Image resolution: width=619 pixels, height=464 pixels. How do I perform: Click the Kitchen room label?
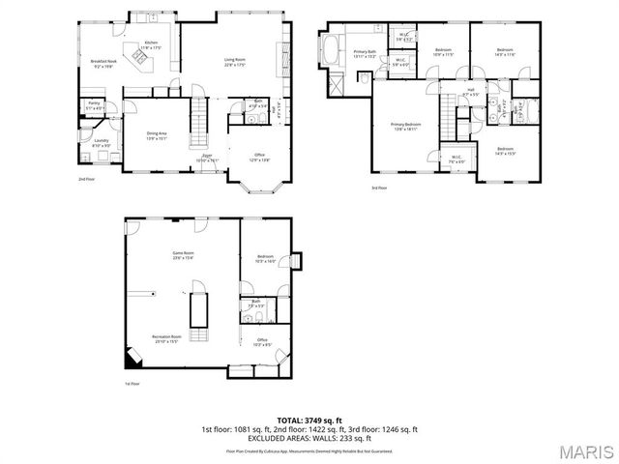[x=151, y=44]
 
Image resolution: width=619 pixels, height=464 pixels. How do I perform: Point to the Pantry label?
[x=94, y=104]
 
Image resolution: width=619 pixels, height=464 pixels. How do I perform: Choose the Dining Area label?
[x=157, y=136]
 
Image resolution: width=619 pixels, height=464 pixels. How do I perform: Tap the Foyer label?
[x=208, y=158]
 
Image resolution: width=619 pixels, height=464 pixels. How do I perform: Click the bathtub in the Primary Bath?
[x=329, y=49]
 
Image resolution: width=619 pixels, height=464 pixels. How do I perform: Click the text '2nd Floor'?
[x=87, y=179]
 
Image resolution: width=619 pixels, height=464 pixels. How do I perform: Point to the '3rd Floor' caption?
[x=380, y=188]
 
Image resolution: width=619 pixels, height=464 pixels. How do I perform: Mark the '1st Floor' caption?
[x=133, y=384]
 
